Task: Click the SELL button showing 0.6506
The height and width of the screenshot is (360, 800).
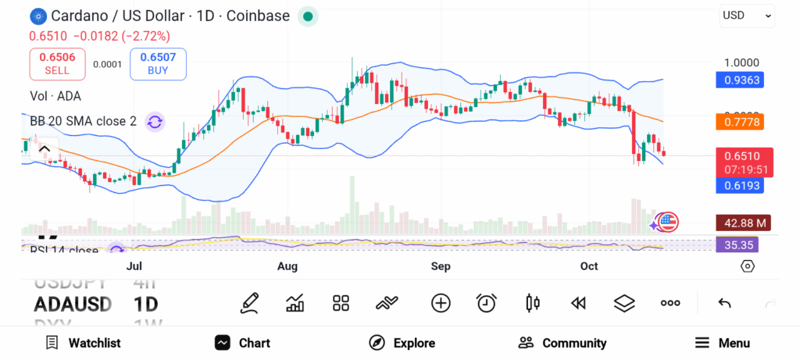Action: [x=57, y=63]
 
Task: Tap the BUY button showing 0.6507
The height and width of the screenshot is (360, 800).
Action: [x=158, y=63]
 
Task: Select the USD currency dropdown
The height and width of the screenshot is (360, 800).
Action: [x=747, y=15]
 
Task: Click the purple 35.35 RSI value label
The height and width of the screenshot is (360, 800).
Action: [x=737, y=245]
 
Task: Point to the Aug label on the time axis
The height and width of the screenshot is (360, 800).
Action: [x=287, y=266]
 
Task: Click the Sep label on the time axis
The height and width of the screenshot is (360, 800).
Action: [x=441, y=266]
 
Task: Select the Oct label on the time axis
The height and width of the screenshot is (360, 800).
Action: [x=589, y=266]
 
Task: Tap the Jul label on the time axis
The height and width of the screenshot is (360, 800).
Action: [x=134, y=266]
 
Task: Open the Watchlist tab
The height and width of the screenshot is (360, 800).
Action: [x=83, y=343]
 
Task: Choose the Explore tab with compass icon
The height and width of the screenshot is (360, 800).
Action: [x=402, y=343]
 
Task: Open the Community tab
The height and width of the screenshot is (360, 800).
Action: [x=562, y=343]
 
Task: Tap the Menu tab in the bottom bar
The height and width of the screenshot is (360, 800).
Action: [x=723, y=343]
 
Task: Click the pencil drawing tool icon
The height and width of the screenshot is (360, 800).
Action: [x=250, y=303]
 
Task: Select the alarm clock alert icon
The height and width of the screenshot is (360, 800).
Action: [x=487, y=303]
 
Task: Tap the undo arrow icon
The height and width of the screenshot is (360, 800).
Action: [x=724, y=303]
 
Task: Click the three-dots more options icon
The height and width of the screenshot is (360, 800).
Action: [x=670, y=303]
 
